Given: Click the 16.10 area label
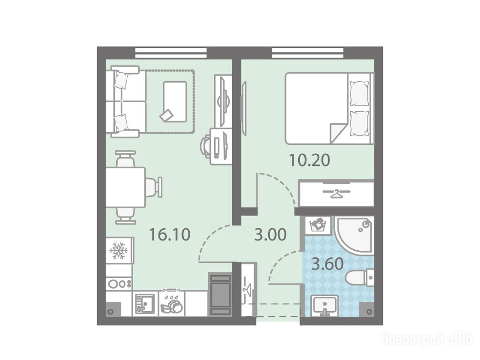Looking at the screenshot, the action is (170, 235).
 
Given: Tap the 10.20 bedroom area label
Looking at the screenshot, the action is (309, 160).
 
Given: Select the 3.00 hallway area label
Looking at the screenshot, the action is (270, 235).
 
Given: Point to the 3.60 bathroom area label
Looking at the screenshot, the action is (327, 264).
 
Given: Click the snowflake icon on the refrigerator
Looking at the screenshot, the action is (119, 251).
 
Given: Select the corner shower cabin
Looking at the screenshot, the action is (354, 235).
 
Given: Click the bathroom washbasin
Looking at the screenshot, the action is (324, 306).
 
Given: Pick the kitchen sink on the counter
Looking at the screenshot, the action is (145, 304).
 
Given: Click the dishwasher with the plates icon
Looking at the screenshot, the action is (172, 304).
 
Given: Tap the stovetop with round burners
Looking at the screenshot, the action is (120, 284).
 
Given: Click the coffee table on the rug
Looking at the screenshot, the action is (175, 102).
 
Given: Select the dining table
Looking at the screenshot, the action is (126, 187).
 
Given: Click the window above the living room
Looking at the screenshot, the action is (171, 52).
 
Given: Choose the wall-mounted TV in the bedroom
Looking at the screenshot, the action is (244, 107).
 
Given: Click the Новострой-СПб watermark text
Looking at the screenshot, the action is (427, 339).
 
